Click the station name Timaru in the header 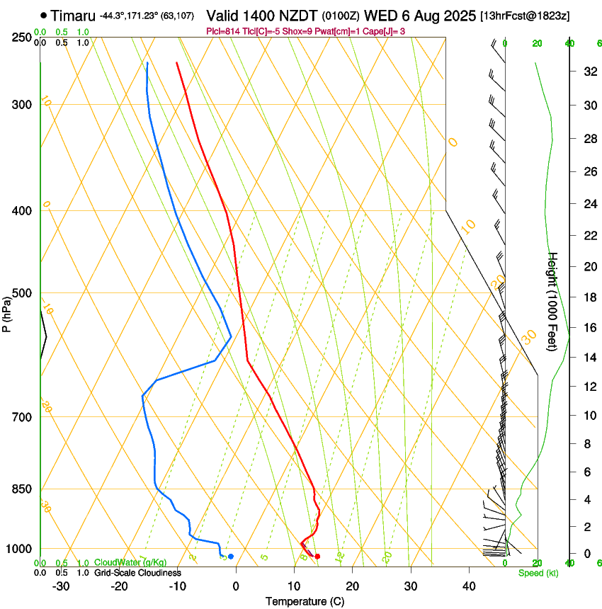click(73, 15)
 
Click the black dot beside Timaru click(44, 15)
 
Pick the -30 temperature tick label click(61, 586)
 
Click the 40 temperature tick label click(468, 586)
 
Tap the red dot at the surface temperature click(317, 557)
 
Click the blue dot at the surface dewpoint click(231, 557)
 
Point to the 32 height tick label click(588, 71)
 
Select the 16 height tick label click(588, 328)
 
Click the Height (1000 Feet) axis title click(553, 302)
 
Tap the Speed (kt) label click(538, 573)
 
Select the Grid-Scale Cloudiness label click(137, 573)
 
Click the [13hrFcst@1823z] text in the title click(524, 16)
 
